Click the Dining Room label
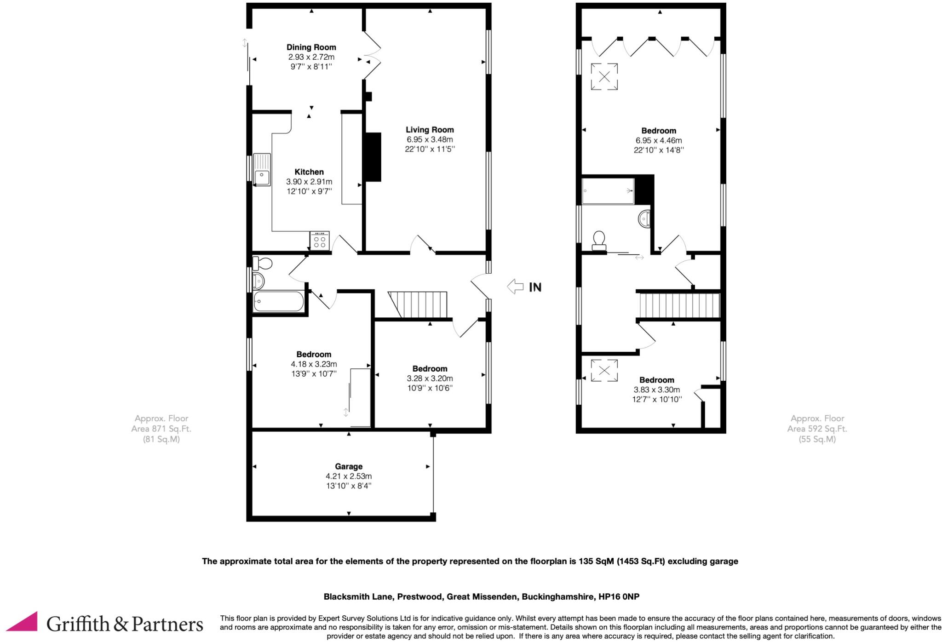point(311,47)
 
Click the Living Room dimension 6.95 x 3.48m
point(430,139)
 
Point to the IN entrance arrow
point(516,287)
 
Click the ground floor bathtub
point(278,302)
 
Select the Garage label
point(348,466)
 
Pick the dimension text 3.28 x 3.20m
point(430,378)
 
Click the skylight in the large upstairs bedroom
point(604,77)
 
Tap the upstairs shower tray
point(608,191)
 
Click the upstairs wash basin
point(644,219)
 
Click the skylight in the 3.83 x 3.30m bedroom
point(604,370)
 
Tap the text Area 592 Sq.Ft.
point(817,429)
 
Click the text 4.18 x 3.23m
point(314,364)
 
